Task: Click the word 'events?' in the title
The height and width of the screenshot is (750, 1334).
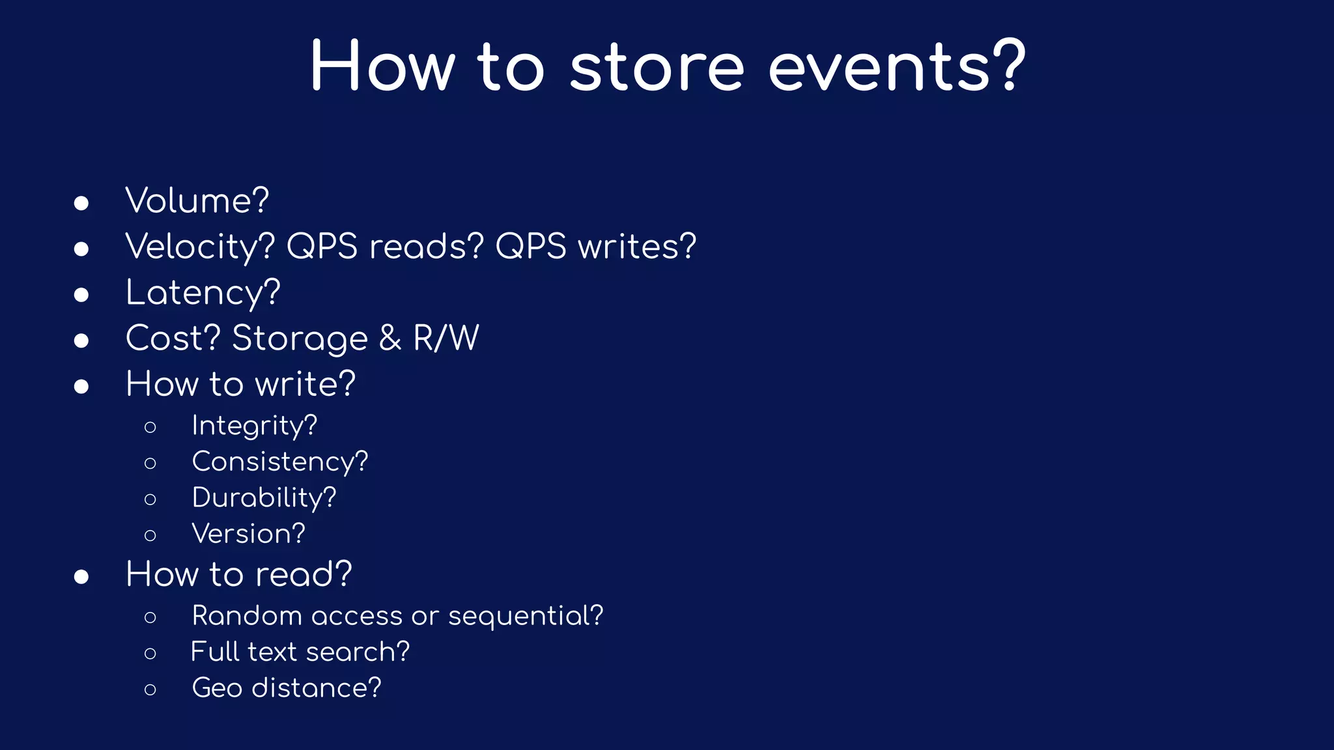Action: pos(896,67)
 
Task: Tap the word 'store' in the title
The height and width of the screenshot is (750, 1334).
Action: pos(657,67)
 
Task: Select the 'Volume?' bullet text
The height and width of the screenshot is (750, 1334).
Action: pos(197,201)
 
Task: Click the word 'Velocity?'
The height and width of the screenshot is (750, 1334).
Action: pos(200,247)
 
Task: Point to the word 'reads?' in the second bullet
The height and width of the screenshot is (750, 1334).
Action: pos(427,247)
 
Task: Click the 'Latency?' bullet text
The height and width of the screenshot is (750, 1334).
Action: pos(203,293)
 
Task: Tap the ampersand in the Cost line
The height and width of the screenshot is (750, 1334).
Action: pos(390,339)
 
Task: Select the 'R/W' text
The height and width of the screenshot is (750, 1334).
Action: pos(446,339)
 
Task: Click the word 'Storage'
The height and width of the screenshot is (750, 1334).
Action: pos(300,339)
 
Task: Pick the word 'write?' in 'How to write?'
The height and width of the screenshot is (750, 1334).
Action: pos(305,384)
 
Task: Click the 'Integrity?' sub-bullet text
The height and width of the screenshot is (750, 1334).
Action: pos(254,426)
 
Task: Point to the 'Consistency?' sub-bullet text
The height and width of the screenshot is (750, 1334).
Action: pos(280,462)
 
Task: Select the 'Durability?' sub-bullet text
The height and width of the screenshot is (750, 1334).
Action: pos(264,498)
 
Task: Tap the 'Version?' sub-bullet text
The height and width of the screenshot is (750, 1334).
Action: pos(248,534)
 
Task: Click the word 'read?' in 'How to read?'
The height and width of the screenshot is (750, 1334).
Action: pos(304,574)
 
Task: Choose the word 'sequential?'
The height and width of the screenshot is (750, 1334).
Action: pos(526,616)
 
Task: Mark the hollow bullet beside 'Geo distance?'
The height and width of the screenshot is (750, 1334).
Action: pos(150,689)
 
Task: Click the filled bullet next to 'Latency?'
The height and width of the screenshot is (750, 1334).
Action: pos(81,295)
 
